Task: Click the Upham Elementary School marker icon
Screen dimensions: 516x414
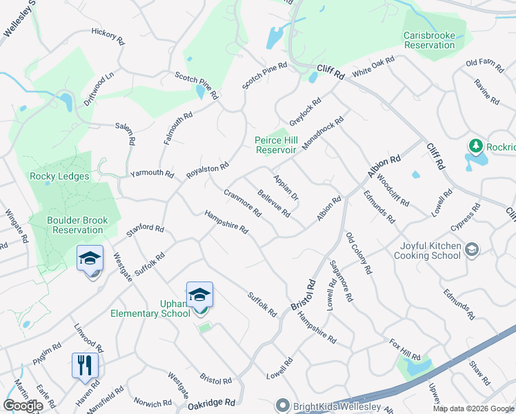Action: coord(199,295)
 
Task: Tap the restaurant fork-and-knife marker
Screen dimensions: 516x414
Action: coord(86,366)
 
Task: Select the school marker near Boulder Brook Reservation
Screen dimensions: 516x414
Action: coord(90,259)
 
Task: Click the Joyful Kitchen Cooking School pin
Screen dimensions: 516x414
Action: coord(472,248)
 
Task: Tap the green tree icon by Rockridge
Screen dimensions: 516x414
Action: coord(475,146)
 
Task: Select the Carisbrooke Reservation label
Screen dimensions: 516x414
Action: coord(429,40)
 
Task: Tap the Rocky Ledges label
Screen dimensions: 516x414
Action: coord(59,176)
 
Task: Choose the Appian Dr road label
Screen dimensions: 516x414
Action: coord(286,187)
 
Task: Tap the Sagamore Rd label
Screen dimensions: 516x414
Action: coord(341,281)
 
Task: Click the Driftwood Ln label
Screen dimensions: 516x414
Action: coord(99,89)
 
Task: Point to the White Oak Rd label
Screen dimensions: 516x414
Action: coord(373,67)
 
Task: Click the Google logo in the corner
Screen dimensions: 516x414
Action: coord(23,406)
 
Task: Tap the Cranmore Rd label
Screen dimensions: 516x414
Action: coord(243,201)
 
